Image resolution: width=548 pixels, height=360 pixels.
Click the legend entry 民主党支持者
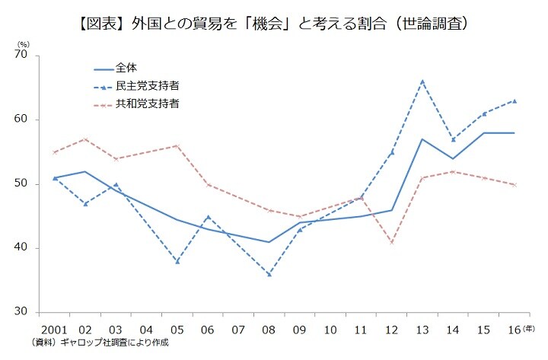(x=147, y=84)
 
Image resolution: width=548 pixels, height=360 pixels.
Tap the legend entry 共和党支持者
(x=147, y=102)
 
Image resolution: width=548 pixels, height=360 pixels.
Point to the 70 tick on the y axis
(x=21, y=56)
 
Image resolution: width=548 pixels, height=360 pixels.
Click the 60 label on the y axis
(x=21, y=119)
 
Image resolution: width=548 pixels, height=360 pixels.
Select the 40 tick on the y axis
(x=21, y=248)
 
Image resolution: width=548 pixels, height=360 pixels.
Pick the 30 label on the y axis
(x=21, y=312)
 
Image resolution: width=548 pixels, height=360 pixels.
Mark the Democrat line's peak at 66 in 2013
(x=422, y=81)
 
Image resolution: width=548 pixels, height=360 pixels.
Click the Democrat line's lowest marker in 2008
(x=269, y=274)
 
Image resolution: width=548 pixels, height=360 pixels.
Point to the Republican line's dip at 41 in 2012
(x=391, y=242)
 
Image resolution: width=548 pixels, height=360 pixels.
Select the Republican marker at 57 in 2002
(x=84, y=139)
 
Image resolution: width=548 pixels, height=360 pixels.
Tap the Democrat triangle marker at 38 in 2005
(x=177, y=261)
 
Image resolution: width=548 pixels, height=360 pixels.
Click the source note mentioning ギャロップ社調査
(x=100, y=342)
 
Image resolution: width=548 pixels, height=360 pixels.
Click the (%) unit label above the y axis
(x=22, y=45)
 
